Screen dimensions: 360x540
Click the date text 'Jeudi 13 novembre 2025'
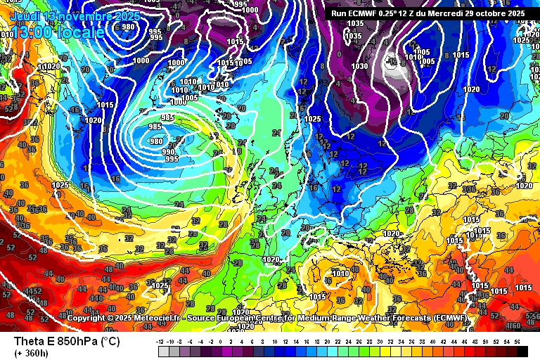tap(75, 15)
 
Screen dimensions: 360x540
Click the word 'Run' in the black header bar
tap(340, 13)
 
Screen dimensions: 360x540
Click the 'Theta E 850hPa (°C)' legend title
tap(67, 341)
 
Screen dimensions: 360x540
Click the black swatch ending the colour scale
tap(522, 350)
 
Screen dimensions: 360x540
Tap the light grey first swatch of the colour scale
tap(164, 350)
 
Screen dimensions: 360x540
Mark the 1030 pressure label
tap(359, 66)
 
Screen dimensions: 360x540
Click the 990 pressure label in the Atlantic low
tap(168, 152)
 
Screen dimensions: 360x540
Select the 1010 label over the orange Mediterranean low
tap(341, 274)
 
